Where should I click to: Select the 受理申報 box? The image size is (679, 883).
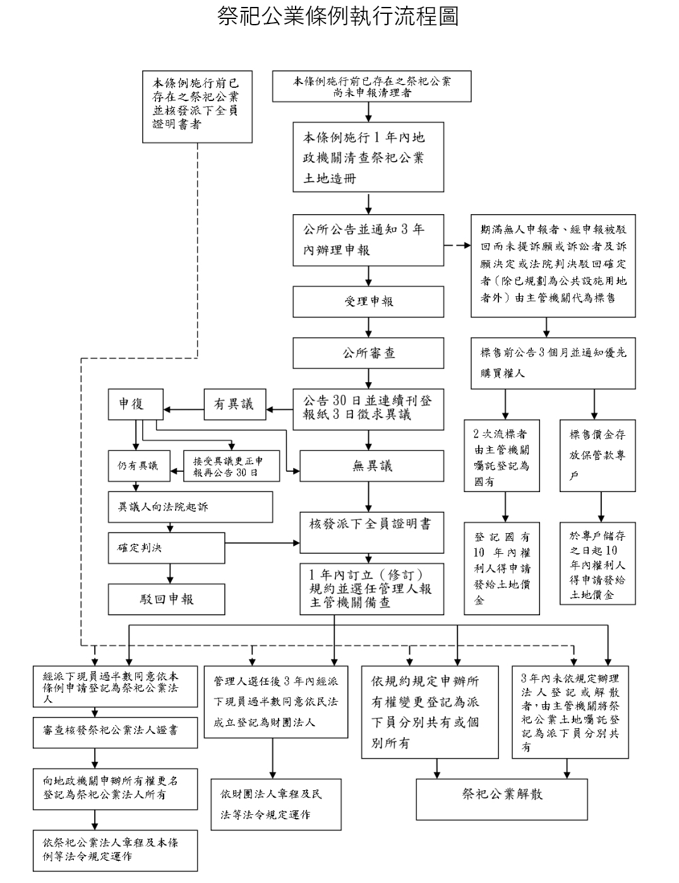(x=368, y=302)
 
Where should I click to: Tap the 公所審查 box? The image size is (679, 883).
(x=368, y=353)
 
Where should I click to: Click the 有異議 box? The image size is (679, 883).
(x=234, y=404)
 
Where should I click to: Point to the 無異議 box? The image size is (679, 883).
(x=371, y=466)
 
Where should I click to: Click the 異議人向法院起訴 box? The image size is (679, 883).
(x=190, y=507)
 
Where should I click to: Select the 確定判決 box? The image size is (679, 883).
(x=166, y=548)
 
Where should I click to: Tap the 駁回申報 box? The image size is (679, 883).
(x=166, y=599)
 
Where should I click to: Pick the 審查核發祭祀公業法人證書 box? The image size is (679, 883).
(x=115, y=731)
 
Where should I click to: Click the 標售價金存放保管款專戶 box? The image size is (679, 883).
(x=597, y=455)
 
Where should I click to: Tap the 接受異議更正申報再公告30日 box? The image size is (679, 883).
(x=231, y=466)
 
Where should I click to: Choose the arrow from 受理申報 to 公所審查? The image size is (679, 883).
(x=368, y=328)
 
